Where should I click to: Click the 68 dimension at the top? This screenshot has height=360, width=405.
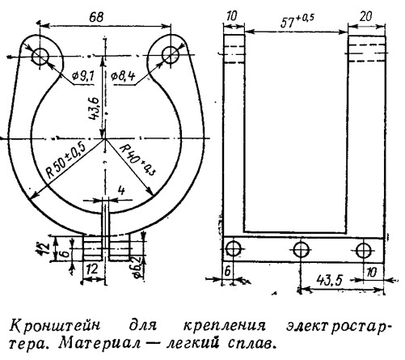(x=96, y=18)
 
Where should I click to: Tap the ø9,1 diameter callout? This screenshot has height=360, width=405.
(x=82, y=77)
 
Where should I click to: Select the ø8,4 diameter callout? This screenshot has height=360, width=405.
(x=123, y=77)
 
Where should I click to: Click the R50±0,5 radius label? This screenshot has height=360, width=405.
(x=66, y=160)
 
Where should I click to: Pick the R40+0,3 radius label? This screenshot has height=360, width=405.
(x=137, y=160)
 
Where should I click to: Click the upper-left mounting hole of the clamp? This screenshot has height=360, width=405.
(x=40, y=57)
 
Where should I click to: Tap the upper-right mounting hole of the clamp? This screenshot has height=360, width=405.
(x=171, y=55)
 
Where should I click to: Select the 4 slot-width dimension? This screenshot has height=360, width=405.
(x=121, y=191)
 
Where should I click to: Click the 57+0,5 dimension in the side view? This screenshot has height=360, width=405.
(x=297, y=21)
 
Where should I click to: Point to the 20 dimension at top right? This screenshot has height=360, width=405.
(x=365, y=17)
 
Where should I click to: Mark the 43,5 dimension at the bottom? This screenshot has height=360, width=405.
(x=330, y=280)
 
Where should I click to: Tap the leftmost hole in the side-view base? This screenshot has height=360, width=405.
(x=233, y=248)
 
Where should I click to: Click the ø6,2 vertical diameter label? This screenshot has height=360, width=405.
(x=138, y=267)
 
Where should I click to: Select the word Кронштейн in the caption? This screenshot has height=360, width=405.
(x=55, y=325)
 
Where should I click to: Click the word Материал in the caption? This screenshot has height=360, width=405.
(x=99, y=343)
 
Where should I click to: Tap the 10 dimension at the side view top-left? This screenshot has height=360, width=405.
(x=231, y=16)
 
